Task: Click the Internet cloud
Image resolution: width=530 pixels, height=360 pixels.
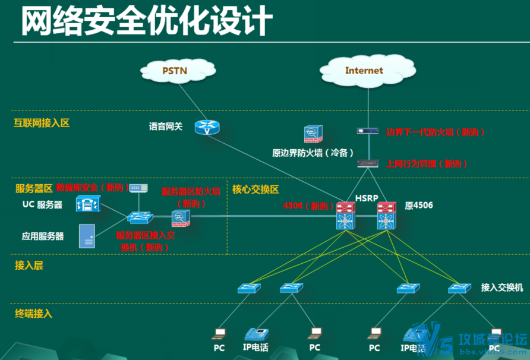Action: [x=364, y=71]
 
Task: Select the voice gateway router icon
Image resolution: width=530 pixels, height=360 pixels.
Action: [x=207, y=127]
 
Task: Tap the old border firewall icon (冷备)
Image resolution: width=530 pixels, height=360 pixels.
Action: [x=313, y=134]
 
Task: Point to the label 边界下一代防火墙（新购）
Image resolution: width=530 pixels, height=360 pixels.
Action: [x=436, y=132]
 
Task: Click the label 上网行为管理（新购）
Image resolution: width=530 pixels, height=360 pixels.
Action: [x=427, y=163]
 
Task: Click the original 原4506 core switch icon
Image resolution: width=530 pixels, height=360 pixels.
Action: [x=386, y=216]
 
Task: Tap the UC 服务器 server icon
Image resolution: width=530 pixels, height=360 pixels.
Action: [x=88, y=205]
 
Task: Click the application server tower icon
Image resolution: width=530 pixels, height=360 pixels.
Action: [x=87, y=236]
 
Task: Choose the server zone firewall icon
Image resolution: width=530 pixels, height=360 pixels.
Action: [x=181, y=218]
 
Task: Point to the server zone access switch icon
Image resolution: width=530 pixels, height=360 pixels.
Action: [x=140, y=218]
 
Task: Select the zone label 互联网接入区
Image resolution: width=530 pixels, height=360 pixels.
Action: [x=42, y=124]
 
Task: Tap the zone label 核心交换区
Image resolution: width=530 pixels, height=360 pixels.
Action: [x=255, y=190]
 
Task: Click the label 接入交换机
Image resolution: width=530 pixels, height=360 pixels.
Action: [x=502, y=288]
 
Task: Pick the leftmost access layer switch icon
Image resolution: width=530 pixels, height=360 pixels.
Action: [x=248, y=288]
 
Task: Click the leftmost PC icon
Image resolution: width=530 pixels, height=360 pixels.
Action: [x=220, y=333]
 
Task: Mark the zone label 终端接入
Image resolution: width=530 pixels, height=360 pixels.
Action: [x=33, y=313]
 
